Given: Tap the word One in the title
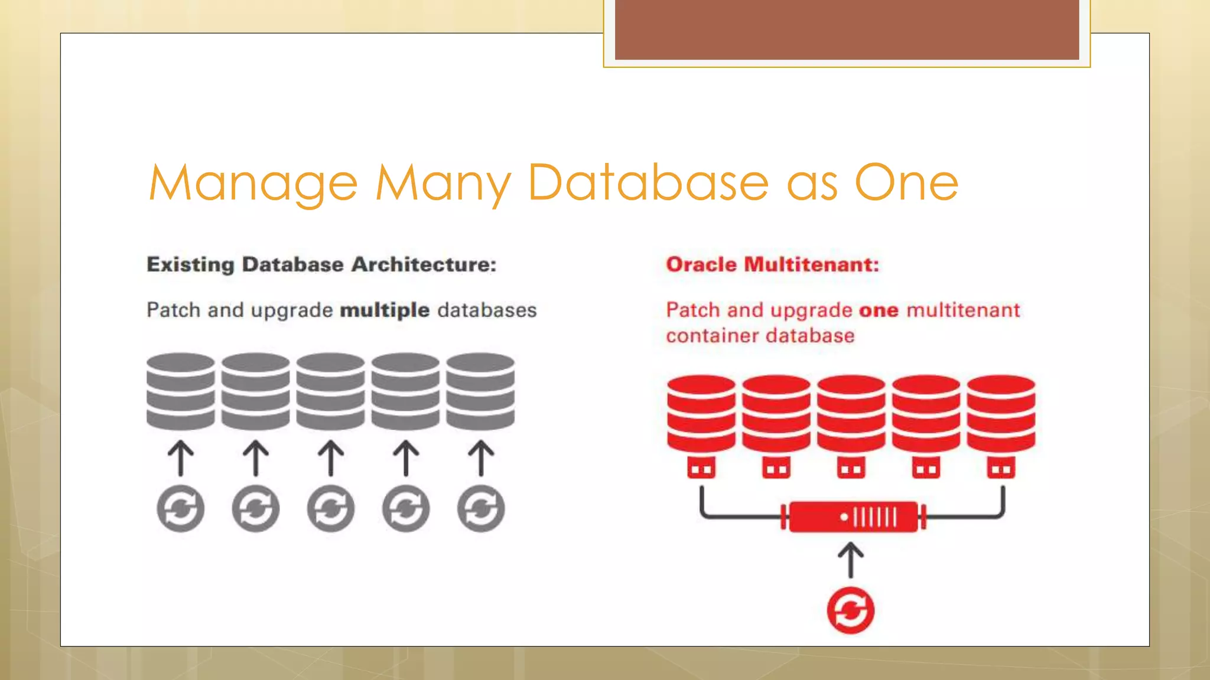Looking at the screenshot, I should [x=906, y=183].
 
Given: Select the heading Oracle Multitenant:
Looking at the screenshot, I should [x=772, y=264].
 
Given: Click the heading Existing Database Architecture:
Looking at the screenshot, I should [x=321, y=264].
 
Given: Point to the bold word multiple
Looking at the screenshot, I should [x=385, y=310].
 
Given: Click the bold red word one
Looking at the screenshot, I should [x=879, y=310].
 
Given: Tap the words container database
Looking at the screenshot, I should [x=760, y=336].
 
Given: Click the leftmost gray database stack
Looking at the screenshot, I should [x=181, y=391].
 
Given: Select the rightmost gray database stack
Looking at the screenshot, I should [x=480, y=391].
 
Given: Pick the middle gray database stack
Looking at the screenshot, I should [x=330, y=391].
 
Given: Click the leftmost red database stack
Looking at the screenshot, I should [x=701, y=413].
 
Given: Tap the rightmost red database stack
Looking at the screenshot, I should [x=1001, y=413].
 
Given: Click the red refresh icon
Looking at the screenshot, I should [x=851, y=610].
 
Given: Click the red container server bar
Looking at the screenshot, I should [x=853, y=517].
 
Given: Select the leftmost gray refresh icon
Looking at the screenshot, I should [x=181, y=508].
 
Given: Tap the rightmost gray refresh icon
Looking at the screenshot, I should [x=481, y=508].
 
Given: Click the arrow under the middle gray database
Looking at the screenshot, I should [x=331, y=458].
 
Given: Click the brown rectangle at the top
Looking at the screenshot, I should [x=847, y=30].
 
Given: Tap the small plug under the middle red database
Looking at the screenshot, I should [x=851, y=468].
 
